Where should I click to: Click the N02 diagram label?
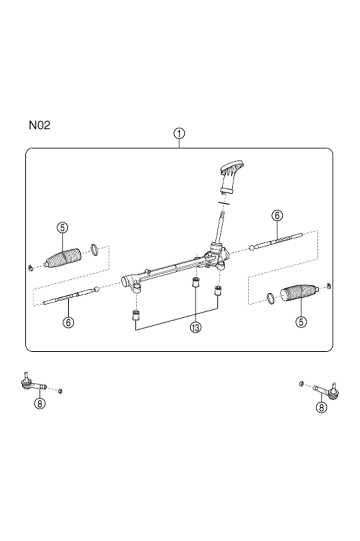click(x=39, y=125)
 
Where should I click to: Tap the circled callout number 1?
click(x=179, y=133)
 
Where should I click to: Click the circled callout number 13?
click(x=196, y=327)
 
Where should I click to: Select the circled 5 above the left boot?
click(x=62, y=227)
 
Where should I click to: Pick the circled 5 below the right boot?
click(x=301, y=322)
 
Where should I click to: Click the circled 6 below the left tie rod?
click(x=68, y=322)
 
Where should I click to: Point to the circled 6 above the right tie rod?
click(x=277, y=216)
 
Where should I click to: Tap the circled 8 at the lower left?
click(x=40, y=403)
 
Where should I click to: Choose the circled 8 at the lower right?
click(x=321, y=407)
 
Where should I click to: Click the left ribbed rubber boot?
click(x=63, y=258)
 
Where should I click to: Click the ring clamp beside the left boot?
click(x=94, y=250)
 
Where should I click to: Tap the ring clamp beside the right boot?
click(x=271, y=299)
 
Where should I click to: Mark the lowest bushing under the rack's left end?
click(x=136, y=315)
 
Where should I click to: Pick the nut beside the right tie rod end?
click(x=302, y=383)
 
